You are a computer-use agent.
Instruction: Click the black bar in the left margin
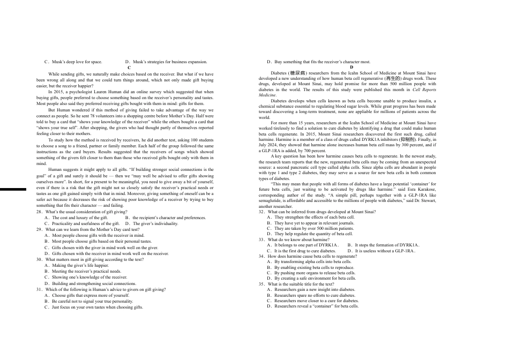tap(13, 189)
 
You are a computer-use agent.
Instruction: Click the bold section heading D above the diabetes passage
tap(351, 67)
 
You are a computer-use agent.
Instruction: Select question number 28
tap(39, 212)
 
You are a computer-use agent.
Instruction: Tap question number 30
tap(39, 259)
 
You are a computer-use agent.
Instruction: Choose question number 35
tap(261, 284)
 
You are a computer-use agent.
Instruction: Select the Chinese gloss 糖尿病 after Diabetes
tap(297, 73)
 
